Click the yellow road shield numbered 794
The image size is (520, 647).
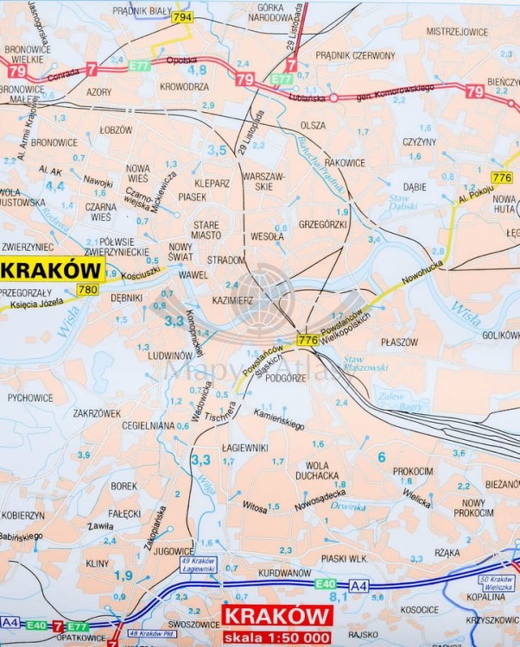click(x=182, y=16)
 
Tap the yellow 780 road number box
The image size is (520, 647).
click(x=88, y=290)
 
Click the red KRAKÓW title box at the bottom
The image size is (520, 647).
click(x=278, y=615)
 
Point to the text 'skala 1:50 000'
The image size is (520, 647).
click(x=278, y=636)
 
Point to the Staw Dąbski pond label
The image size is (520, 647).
click(x=404, y=203)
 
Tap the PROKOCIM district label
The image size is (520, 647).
click(x=413, y=471)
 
